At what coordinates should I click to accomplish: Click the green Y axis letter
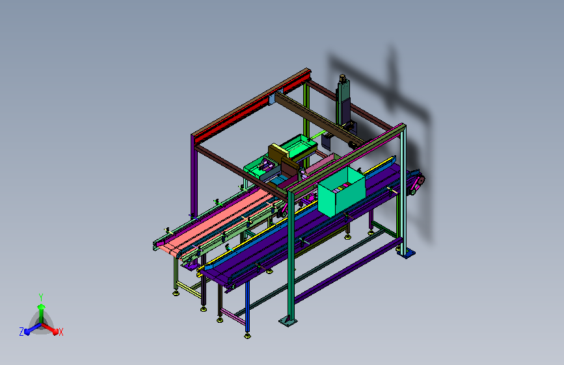pyautogui.click(x=41, y=297)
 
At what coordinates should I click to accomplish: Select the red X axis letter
pyautogui.click(x=60, y=332)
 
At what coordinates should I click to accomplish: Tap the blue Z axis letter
pyautogui.click(x=21, y=332)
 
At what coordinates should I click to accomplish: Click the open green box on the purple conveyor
pyautogui.click(x=342, y=192)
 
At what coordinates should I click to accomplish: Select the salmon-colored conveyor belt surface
pyautogui.click(x=217, y=220)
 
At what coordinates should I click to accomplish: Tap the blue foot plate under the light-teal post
pyautogui.click(x=407, y=254)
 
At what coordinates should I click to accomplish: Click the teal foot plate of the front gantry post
pyautogui.click(x=288, y=321)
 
